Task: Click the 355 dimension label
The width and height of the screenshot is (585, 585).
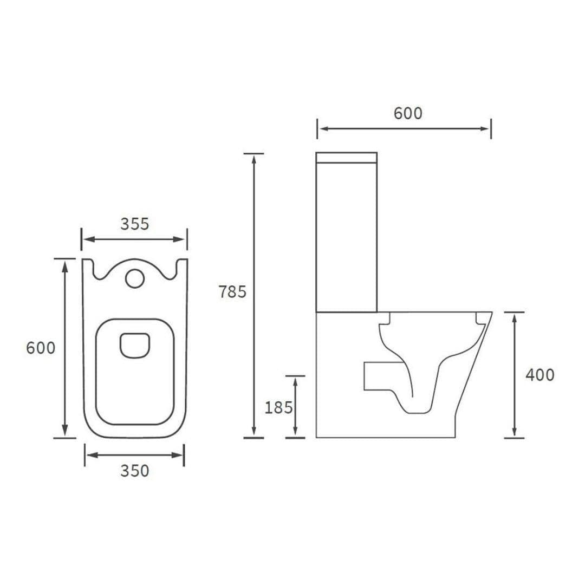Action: point(134,224)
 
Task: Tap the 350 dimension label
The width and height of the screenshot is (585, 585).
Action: point(134,471)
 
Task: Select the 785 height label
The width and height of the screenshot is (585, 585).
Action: point(232,292)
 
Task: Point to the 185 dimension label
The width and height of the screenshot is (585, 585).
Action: point(278,407)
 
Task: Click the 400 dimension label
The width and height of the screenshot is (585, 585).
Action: point(539,375)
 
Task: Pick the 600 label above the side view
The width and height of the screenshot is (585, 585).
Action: point(407,114)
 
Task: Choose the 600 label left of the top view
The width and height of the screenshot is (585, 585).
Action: point(41,348)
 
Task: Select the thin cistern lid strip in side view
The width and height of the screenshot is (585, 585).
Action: point(346,158)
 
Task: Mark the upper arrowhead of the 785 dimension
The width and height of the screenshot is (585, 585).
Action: point(253,158)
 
